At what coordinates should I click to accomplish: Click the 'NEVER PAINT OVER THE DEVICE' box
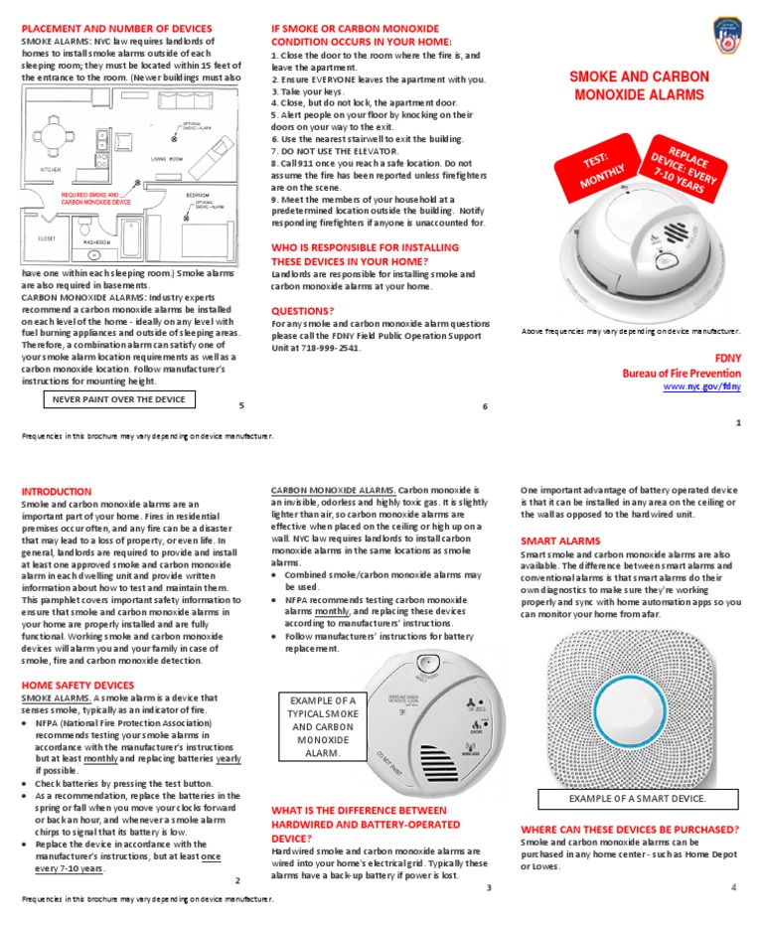point(118,399)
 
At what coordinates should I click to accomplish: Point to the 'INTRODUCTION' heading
point(57,491)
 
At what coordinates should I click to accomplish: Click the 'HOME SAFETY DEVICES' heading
point(77,685)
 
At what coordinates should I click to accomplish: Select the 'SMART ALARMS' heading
point(560,540)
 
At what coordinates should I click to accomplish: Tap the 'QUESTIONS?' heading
point(303,310)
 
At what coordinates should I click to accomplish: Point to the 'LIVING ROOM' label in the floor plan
point(166,159)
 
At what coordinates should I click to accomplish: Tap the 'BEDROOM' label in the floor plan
point(199,196)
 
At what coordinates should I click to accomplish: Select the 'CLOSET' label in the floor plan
point(48,238)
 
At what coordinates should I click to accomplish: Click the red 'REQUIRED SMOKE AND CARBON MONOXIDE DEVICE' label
point(95,199)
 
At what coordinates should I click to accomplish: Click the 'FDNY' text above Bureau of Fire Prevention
point(727,357)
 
